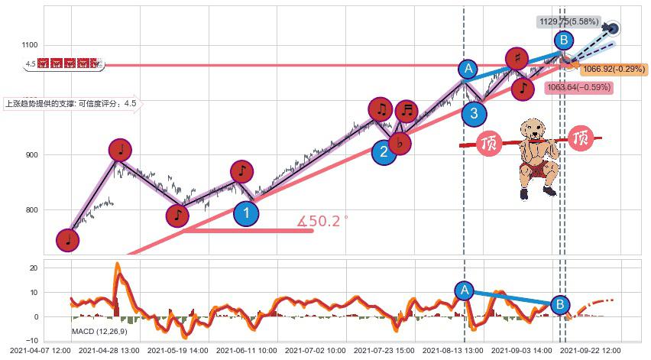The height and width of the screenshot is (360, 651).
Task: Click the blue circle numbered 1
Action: (x=245, y=213)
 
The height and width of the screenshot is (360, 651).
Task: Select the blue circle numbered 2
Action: (x=384, y=151)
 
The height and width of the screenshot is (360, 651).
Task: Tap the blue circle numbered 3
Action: (x=474, y=114)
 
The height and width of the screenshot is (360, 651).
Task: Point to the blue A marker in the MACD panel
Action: (x=463, y=290)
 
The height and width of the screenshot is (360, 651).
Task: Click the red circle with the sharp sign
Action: (x=517, y=58)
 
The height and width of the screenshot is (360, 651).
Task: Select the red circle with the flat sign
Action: (x=399, y=142)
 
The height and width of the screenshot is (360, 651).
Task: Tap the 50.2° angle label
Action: (x=322, y=221)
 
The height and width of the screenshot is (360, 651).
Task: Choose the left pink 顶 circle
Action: (x=488, y=143)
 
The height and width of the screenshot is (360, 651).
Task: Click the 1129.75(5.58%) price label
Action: (x=568, y=22)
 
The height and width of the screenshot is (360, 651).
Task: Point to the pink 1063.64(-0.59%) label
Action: (x=579, y=87)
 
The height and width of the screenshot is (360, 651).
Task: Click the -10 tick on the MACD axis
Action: (x=34, y=340)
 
